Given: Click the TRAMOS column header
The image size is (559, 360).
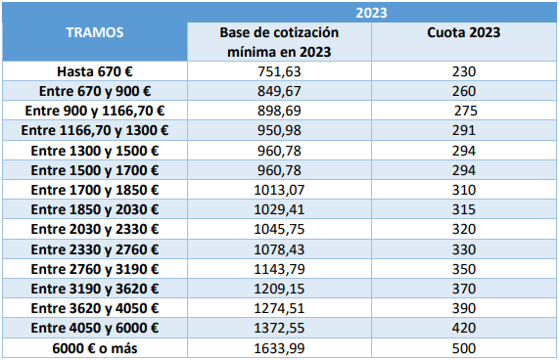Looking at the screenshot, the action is [x=95, y=32].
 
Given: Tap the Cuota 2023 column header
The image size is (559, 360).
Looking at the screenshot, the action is [x=464, y=32].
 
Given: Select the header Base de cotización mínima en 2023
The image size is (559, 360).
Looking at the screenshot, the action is [x=279, y=42].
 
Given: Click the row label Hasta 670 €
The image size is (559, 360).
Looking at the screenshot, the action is [x=95, y=71].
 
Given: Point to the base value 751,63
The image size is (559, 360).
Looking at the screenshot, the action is [x=279, y=72].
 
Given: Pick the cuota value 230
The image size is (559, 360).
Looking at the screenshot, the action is [x=464, y=72].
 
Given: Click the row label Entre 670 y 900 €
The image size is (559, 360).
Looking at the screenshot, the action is [x=95, y=92].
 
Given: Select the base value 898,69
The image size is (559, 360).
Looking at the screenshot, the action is [x=279, y=112].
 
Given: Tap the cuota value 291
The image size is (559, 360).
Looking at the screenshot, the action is [x=464, y=130].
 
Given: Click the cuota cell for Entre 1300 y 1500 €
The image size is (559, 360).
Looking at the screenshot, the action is [x=464, y=151].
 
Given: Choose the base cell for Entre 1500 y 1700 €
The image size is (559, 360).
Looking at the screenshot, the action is [x=279, y=170].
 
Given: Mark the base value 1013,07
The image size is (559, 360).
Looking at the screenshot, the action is [x=279, y=190].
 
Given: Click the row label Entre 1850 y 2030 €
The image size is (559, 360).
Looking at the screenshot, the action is [x=95, y=209].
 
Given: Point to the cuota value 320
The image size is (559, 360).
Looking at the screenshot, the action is [x=464, y=229].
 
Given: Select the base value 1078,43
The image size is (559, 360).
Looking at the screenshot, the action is [x=279, y=249].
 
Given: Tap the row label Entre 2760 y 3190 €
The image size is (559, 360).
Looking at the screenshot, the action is [x=95, y=269].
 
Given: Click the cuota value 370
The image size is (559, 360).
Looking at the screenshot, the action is [x=464, y=289].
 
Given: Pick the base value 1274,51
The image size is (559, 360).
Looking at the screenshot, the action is [x=279, y=308].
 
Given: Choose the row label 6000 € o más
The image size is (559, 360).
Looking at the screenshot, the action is [x=95, y=348].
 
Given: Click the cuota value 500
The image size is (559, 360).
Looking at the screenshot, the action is [x=464, y=348].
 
